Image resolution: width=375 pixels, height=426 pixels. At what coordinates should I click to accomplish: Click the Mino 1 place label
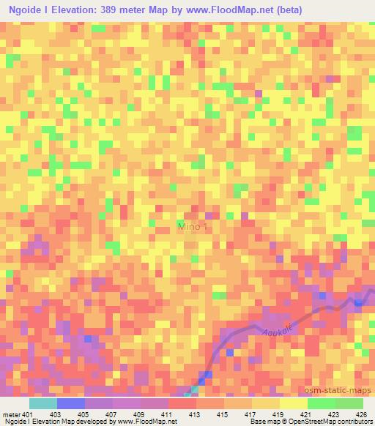pyautogui.click(x=193, y=228)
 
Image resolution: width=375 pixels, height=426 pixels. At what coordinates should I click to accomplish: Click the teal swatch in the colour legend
pyautogui.click(x=43, y=403)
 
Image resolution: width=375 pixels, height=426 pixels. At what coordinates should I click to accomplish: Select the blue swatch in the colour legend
pyautogui.click(x=71, y=403)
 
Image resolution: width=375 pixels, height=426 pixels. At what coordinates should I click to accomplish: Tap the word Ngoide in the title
pyautogui.click(x=29, y=10)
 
